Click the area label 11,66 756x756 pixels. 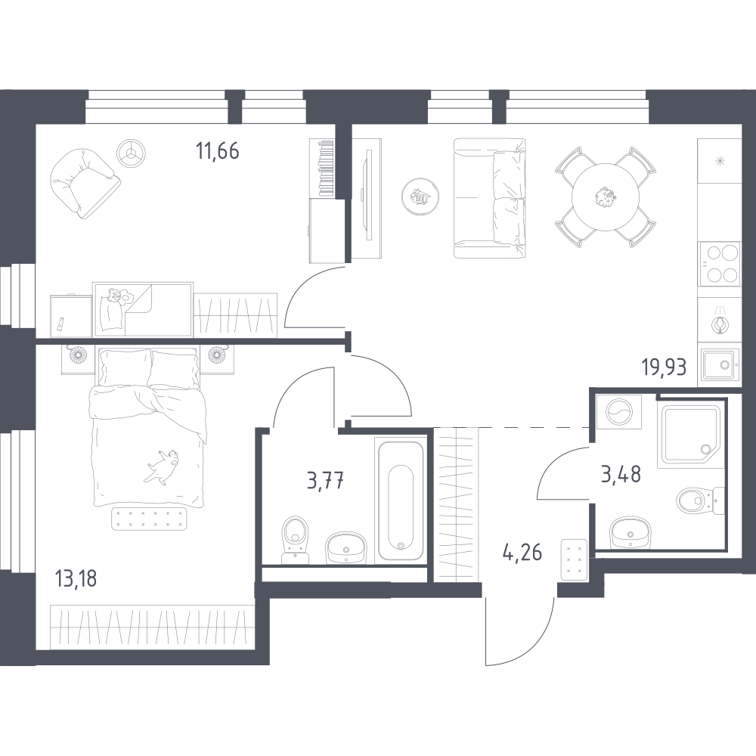click(218, 151)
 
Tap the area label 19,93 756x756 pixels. click(664, 367)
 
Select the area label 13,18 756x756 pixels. click(76, 578)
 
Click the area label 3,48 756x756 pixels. click(621, 475)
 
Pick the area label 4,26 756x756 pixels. click(522, 553)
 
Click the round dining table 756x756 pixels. click(605, 197)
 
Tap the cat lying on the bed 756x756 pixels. click(162, 466)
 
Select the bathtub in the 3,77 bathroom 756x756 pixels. click(401, 500)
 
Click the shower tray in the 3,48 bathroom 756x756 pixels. click(692, 433)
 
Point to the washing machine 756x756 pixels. click(619, 412)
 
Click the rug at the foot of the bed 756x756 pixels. click(149, 519)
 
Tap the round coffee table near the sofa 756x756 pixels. click(420, 196)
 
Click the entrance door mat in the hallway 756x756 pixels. click(574, 559)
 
